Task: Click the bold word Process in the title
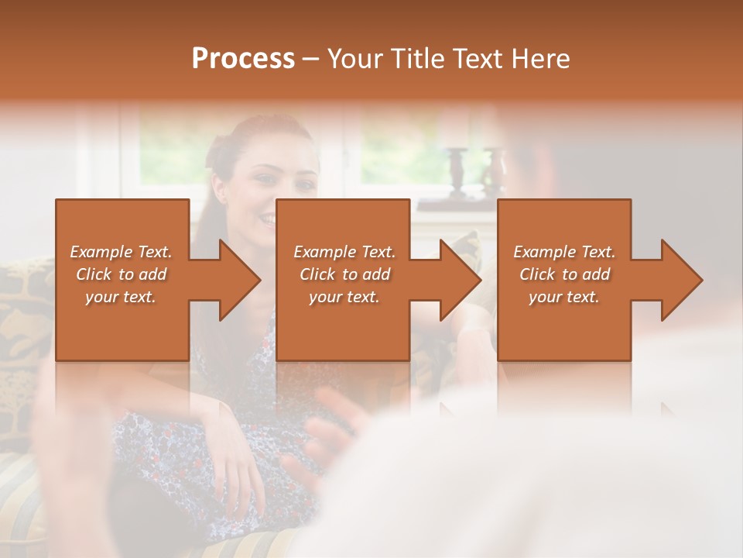243,59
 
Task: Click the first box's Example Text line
121,252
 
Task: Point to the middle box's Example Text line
344,252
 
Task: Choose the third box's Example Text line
564,252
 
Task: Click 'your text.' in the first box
121,297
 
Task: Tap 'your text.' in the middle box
344,297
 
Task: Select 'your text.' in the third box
564,297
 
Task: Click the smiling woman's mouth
267,220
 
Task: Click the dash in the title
311,59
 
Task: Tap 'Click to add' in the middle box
344,274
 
